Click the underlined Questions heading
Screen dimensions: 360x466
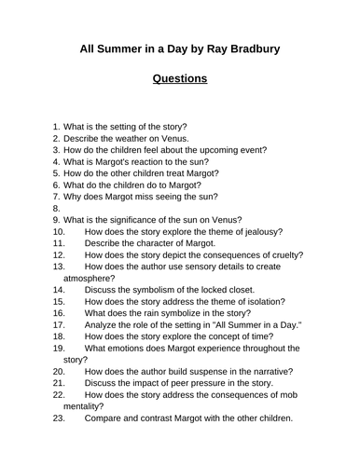click(180, 79)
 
